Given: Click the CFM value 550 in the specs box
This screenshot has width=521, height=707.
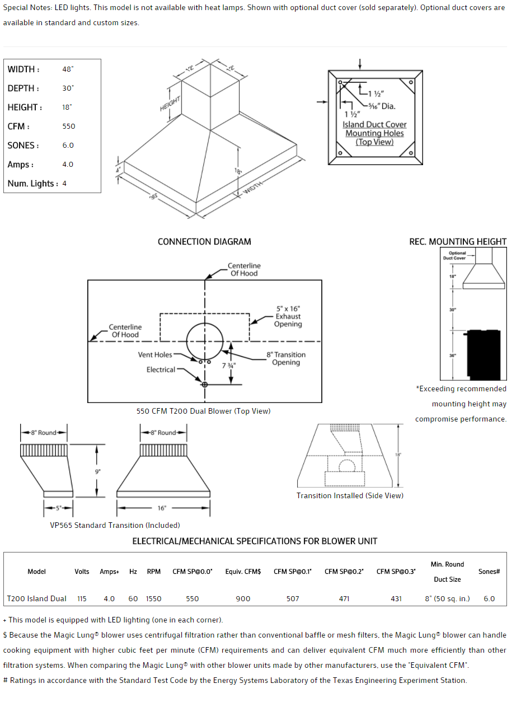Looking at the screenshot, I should pyautogui.click(x=69, y=127).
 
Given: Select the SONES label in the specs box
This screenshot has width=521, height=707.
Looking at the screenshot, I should pyautogui.click(x=23, y=146).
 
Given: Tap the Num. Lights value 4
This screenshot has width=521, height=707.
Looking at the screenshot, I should pyautogui.click(x=64, y=184).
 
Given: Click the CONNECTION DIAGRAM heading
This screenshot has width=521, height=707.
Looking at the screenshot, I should pyautogui.click(x=204, y=242).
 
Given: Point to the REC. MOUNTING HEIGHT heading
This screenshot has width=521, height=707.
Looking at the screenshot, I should pyautogui.click(x=458, y=242).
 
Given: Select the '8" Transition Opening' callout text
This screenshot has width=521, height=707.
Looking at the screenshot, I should pyautogui.click(x=286, y=358).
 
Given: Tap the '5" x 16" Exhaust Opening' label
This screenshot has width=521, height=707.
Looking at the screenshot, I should pyautogui.click(x=288, y=316).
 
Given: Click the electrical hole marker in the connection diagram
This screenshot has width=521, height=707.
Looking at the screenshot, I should pyautogui.click(x=205, y=385).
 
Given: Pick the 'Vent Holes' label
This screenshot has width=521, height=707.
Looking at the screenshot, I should pyautogui.click(x=155, y=355).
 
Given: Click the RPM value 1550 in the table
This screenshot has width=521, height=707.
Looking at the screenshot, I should pyautogui.click(x=153, y=599).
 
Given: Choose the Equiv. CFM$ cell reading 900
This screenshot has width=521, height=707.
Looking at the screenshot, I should pyautogui.click(x=243, y=599).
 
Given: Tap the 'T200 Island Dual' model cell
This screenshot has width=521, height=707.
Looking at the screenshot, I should pyautogui.click(x=36, y=599).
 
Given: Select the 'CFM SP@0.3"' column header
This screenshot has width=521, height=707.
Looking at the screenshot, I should pyautogui.click(x=396, y=572).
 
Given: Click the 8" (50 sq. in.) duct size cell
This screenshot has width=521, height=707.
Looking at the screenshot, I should pyautogui.click(x=447, y=599).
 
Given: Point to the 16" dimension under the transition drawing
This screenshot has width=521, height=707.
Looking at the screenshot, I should pyautogui.click(x=162, y=508).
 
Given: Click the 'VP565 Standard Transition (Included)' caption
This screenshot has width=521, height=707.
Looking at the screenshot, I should pyautogui.click(x=115, y=525).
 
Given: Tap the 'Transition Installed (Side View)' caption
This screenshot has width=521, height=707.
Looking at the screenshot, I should pyautogui.click(x=350, y=495).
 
